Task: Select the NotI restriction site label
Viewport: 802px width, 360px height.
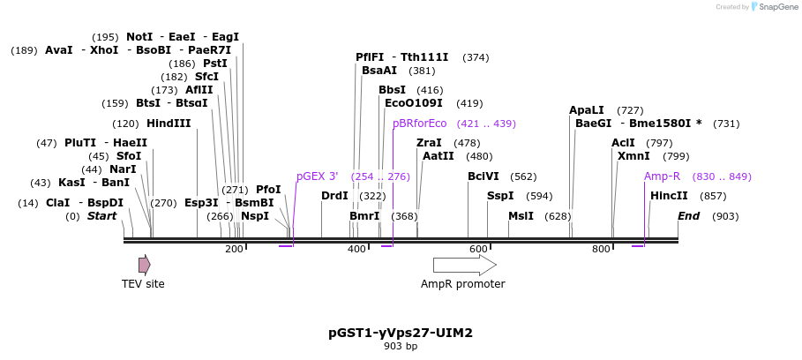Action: coord(139,37)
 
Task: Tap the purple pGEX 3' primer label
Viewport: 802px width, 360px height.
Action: coord(318,176)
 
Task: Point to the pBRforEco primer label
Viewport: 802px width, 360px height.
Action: coord(420,124)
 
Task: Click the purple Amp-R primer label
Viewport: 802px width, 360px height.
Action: coord(662,176)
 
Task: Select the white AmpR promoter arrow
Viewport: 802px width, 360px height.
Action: coord(464,265)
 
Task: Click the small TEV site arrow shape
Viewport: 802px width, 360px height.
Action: coord(144,265)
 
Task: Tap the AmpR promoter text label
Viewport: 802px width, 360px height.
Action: coord(462,284)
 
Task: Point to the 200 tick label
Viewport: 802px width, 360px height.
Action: coord(234,250)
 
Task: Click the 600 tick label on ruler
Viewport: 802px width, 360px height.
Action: coord(478,250)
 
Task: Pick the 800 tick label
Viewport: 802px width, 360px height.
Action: coord(601,250)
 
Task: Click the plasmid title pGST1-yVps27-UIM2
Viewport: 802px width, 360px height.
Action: coord(401,334)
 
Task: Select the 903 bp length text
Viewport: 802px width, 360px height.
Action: coord(401,347)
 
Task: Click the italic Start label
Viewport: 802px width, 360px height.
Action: coord(101,216)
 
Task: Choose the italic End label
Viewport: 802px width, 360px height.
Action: coord(688,216)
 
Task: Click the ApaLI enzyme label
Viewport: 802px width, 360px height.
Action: coord(587,110)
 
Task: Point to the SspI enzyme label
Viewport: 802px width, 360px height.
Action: coord(500,196)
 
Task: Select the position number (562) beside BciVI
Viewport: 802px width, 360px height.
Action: coord(523,176)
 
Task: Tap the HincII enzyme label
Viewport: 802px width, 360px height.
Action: coord(669,196)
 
